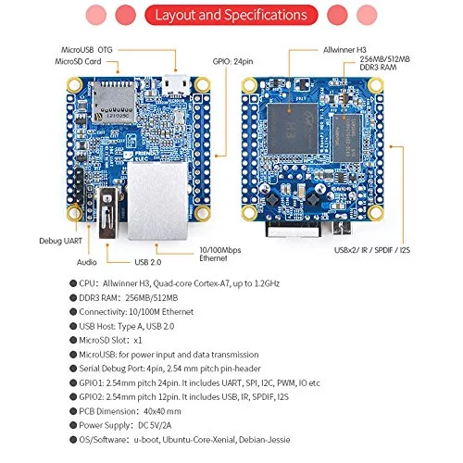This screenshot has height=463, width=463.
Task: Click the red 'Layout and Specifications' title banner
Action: tap(231, 15)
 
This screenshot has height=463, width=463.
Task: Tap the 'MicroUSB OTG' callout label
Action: tap(87, 50)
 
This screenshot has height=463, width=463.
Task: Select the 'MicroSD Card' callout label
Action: tap(78, 61)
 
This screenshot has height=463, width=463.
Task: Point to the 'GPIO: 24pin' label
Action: tap(232, 61)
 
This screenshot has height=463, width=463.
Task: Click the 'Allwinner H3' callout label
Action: tap(344, 50)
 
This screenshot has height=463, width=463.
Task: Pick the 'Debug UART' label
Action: tap(60, 241)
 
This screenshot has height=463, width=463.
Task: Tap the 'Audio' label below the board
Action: tap(87, 262)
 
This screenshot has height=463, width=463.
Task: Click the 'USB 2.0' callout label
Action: tap(148, 262)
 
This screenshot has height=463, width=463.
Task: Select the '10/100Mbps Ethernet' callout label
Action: tap(220, 254)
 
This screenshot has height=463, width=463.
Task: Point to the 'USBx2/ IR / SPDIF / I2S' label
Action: tap(372, 250)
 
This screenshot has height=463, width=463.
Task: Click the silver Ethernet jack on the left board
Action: tap(158, 201)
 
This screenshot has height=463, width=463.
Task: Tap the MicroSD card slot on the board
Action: tap(114, 102)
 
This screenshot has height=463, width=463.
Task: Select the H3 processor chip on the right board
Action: tap(293, 129)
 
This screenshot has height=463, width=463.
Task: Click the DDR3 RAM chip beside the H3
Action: tap(346, 138)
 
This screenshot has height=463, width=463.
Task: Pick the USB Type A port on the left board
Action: tap(108, 213)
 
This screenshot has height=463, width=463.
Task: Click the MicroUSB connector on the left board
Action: tap(176, 85)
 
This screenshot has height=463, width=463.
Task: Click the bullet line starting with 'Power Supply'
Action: tap(120, 425)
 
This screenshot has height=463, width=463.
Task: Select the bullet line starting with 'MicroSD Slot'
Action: tap(106, 340)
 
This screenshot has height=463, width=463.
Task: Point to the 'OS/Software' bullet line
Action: tap(180, 440)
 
